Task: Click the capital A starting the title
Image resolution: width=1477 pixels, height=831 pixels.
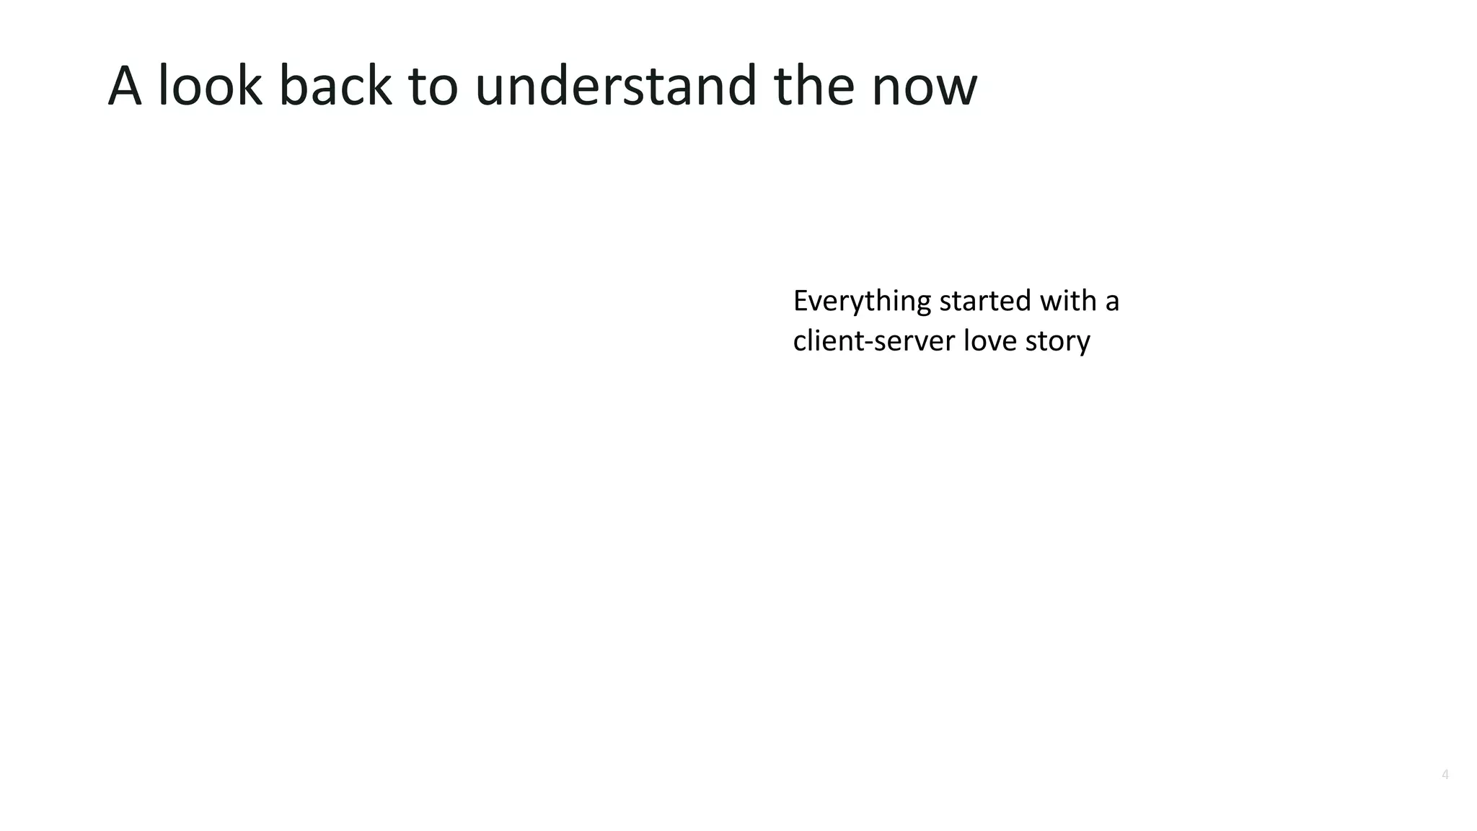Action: tap(124, 86)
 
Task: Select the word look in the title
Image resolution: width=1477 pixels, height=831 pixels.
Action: tap(210, 86)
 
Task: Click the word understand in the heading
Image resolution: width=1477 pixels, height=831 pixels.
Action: tap(616, 86)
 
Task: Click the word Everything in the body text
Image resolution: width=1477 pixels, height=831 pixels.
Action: tap(862, 302)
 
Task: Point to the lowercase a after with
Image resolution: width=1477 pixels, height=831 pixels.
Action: tap(1112, 303)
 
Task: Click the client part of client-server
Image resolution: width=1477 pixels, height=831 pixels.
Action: tap(831, 340)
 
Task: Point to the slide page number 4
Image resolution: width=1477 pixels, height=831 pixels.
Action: tap(1445, 775)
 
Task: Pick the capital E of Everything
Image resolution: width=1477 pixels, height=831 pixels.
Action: tap(800, 301)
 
